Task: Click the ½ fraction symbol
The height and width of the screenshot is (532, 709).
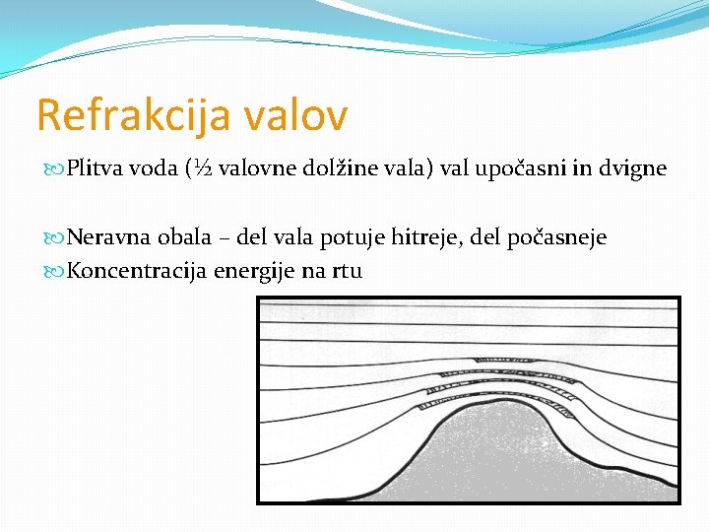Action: (200, 168)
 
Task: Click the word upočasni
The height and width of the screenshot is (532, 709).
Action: (521, 169)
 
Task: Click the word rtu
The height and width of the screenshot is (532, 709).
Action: (346, 271)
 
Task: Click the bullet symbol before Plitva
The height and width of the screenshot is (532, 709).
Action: (55, 169)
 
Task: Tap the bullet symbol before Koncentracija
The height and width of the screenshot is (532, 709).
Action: (55, 271)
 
